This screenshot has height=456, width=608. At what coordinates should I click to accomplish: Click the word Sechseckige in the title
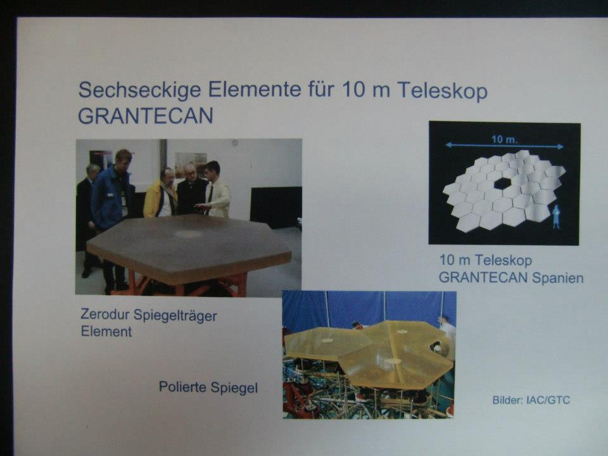pyautogui.click(x=139, y=91)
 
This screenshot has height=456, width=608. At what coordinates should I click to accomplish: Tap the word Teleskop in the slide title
pyautogui.click(x=442, y=91)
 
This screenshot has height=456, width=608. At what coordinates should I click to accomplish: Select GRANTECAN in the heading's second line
pyautogui.click(x=146, y=115)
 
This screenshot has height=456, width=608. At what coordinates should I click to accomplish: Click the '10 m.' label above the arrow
pyautogui.click(x=505, y=139)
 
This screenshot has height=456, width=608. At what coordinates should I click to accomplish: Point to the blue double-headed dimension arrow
pyautogui.click(x=505, y=146)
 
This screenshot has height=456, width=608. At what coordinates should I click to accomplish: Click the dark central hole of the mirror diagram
pyautogui.click(x=502, y=184)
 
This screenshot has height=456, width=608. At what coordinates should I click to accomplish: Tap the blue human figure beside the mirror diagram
pyautogui.click(x=556, y=217)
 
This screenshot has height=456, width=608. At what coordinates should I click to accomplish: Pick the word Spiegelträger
pyautogui.click(x=175, y=315)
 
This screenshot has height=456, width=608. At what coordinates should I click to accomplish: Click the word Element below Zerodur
pyautogui.click(x=106, y=331)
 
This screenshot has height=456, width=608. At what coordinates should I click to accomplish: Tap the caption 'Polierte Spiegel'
pyautogui.click(x=208, y=388)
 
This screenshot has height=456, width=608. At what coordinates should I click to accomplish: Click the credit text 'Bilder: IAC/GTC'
pyautogui.click(x=531, y=400)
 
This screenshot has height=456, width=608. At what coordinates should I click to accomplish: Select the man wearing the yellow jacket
pyautogui.click(x=160, y=194)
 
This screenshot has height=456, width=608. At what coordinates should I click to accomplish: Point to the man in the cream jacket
pyautogui.click(x=216, y=190)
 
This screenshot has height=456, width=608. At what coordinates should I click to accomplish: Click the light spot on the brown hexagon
pyautogui.click(x=187, y=234)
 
